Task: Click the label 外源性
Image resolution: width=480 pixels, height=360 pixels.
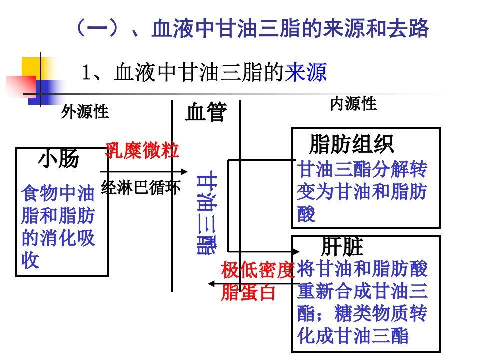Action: (x=85, y=111)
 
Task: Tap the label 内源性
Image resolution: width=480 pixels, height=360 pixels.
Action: (x=353, y=104)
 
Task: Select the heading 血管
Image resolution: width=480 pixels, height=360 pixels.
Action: (x=206, y=112)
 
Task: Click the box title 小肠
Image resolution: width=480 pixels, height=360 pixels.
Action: (x=59, y=159)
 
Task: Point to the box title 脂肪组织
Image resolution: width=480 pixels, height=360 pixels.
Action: (x=351, y=144)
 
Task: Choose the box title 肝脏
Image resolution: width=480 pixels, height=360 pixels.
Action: (x=342, y=246)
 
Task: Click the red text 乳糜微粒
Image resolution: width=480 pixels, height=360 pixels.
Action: (x=142, y=150)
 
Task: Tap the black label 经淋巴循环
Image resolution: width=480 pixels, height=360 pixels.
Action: (x=141, y=187)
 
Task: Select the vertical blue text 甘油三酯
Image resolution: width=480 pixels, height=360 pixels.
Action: (x=207, y=215)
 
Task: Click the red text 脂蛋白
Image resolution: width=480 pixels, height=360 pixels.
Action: (x=248, y=292)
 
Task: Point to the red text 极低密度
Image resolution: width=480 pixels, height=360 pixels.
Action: (x=258, y=270)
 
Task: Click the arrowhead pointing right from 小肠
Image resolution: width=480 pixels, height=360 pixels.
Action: (x=184, y=172)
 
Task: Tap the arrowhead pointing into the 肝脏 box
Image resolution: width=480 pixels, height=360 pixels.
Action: (x=296, y=252)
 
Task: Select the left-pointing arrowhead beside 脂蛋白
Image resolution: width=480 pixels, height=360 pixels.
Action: (x=211, y=284)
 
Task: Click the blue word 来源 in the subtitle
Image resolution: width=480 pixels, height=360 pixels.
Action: (x=306, y=72)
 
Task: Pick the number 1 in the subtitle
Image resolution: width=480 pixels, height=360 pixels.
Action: (x=86, y=73)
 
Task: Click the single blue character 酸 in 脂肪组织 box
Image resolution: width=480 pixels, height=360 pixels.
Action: (x=306, y=214)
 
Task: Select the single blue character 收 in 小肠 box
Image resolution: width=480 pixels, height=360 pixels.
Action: (x=30, y=260)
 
